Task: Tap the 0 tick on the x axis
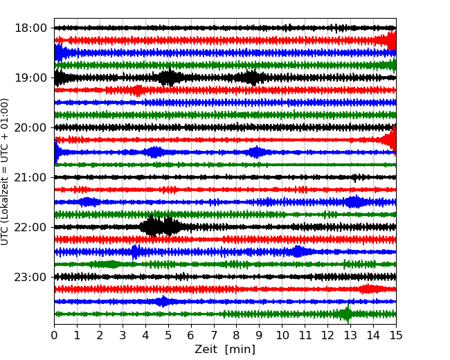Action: tap(55, 336)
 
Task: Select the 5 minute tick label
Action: tap(168, 336)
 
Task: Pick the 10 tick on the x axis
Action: tap(282, 336)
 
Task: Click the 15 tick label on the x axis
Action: tap(395, 336)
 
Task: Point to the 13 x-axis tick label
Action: tap(350, 336)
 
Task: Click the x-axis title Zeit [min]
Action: tap(225, 350)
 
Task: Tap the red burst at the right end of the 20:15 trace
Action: tap(390, 140)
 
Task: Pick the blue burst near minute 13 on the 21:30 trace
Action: tap(354, 202)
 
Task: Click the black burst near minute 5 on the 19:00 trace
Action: tap(168, 78)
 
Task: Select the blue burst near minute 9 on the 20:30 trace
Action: tap(257, 152)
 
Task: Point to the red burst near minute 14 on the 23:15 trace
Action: tap(369, 289)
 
